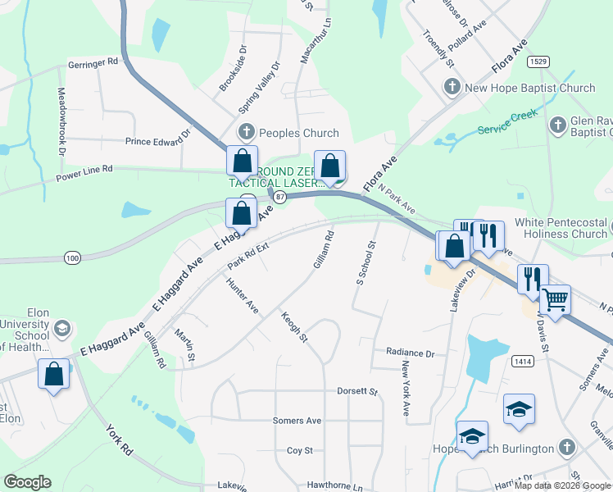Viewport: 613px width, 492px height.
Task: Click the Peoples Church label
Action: (x=298, y=133)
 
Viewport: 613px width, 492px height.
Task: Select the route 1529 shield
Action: (x=538, y=61)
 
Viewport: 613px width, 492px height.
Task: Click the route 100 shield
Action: (x=73, y=258)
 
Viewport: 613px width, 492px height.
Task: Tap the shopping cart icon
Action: (x=556, y=299)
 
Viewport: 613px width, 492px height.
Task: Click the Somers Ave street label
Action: (x=297, y=421)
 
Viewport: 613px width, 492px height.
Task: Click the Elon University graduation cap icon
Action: (x=61, y=330)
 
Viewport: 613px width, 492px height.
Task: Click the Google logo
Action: (x=28, y=482)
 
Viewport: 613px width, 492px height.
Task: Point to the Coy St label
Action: (x=300, y=450)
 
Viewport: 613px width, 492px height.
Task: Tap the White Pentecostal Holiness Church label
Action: (x=561, y=228)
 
